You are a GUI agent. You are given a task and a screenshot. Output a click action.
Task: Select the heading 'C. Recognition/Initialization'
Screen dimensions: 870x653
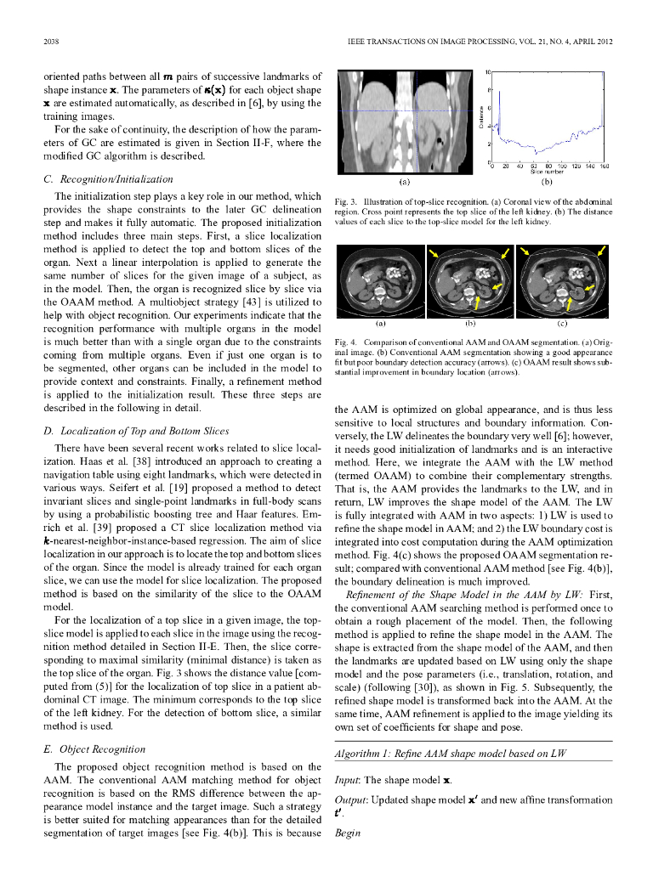tap(108, 179)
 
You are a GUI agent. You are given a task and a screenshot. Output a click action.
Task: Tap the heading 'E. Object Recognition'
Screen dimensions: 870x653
tap(94, 749)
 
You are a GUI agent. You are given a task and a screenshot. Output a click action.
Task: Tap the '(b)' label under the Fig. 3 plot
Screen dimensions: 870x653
tap(548, 181)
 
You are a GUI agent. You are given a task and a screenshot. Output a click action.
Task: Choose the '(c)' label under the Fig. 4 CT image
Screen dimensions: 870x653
tap(562, 324)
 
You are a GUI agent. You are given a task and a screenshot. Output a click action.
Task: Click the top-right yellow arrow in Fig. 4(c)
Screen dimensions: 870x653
tap(602, 251)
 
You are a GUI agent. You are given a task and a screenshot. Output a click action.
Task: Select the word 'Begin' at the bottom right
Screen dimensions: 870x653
tap(349, 834)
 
